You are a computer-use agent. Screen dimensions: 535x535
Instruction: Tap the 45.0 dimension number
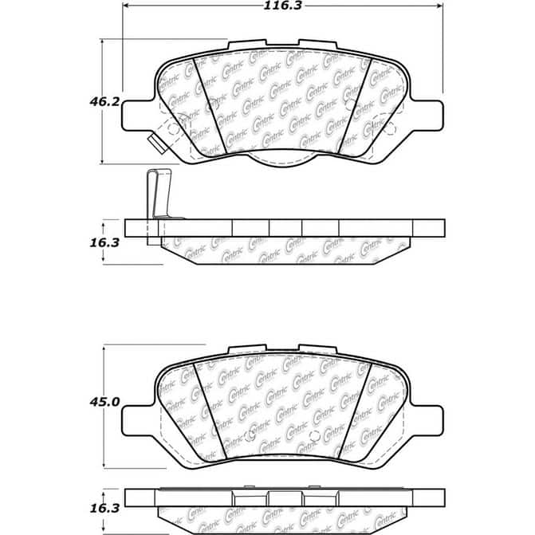click(104, 403)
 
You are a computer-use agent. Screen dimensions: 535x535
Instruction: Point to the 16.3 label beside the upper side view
click(104, 242)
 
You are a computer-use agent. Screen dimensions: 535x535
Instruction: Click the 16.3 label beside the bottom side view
click(104, 506)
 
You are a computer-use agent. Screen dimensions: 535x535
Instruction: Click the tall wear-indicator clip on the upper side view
click(155, 195)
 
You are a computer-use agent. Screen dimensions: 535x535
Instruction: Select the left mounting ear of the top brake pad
click(136, 113)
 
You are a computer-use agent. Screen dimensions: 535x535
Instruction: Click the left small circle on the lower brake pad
click(253, 435)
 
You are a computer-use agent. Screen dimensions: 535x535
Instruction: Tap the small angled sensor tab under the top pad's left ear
click(156, 142)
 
